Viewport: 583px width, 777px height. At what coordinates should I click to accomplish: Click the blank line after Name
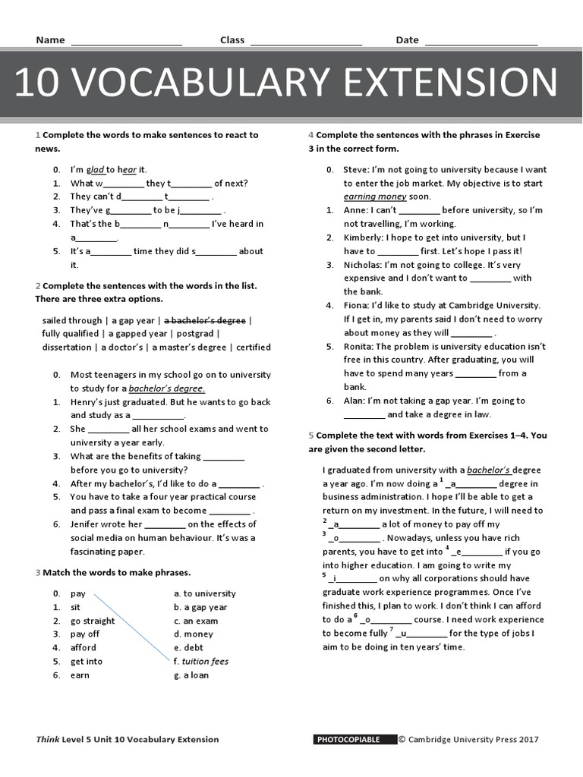pyautogui.click(x=126, y=42)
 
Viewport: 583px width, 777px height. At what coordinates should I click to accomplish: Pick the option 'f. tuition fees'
pyautogui.click(x=200, y=661)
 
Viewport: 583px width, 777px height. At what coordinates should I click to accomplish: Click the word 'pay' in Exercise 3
pyautogui.click(x=78, y=593)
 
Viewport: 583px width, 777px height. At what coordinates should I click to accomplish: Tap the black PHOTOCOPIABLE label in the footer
pyautogui.click(x=354, y=739)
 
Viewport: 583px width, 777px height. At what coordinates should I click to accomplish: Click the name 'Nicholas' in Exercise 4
pyautogui.click(x=363, y=265)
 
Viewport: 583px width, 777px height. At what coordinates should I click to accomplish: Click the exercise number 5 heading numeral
pyautogui.click(x=311, y=436)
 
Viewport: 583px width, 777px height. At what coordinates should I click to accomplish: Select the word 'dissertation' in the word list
pyautogui.click(x=67, y=348)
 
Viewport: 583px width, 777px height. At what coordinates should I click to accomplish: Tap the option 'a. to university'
pyautogui.click(x=204, y=593)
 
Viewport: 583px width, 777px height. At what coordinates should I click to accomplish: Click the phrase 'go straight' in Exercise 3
pyautogui.click(x=93, y=621)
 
